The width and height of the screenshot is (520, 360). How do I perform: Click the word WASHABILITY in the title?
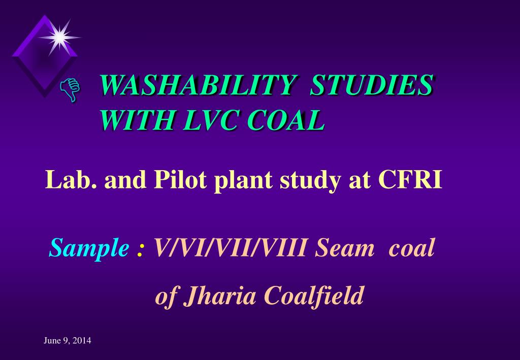click(196, 85)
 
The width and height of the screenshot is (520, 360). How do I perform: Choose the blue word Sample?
click(88, 249)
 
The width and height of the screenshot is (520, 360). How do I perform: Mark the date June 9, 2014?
click(67, 341)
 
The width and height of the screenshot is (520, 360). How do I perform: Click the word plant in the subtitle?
click(236, 181)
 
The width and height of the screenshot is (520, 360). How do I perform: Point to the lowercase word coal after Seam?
click(412, 249)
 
